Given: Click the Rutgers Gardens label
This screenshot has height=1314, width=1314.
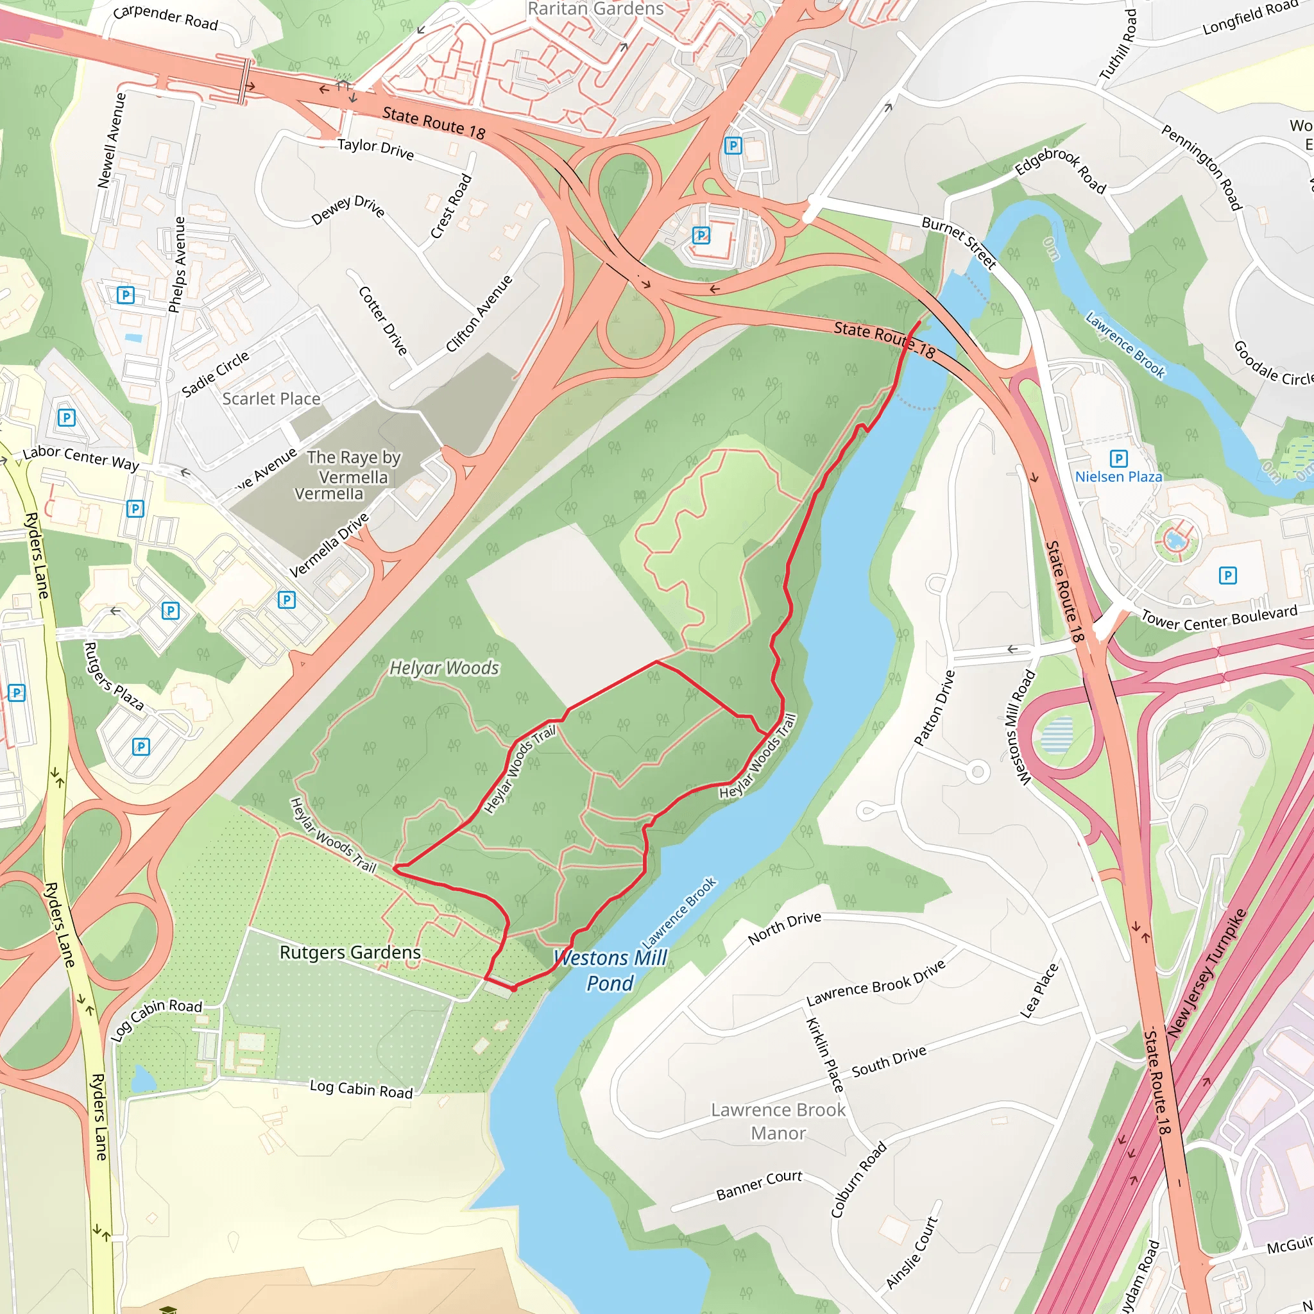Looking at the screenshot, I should [350, 952].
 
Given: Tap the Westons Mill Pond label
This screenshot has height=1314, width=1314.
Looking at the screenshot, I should [610, 971].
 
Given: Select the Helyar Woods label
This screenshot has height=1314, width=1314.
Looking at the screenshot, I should [444, 668].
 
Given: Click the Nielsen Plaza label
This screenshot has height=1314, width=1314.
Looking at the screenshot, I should [1118, 477].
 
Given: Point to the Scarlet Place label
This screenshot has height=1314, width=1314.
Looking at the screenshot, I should [271, 398].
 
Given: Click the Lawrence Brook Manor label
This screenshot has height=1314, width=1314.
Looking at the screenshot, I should [778, 1122].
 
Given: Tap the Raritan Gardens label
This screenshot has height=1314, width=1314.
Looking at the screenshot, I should [595, 9].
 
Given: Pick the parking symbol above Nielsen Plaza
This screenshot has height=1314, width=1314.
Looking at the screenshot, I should [1118, 457].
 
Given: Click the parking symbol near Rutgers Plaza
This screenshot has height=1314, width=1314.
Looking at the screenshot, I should [141, 747].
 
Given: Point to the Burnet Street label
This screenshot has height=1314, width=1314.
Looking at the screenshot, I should [959, 243].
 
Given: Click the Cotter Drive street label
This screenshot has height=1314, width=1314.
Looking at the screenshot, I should [382, 320].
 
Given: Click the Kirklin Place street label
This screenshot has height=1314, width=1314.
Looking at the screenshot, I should [824, 1055].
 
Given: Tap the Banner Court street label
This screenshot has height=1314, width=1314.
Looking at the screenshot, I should [759, 1186].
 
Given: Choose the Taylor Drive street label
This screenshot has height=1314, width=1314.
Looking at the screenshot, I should [375, 149].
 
